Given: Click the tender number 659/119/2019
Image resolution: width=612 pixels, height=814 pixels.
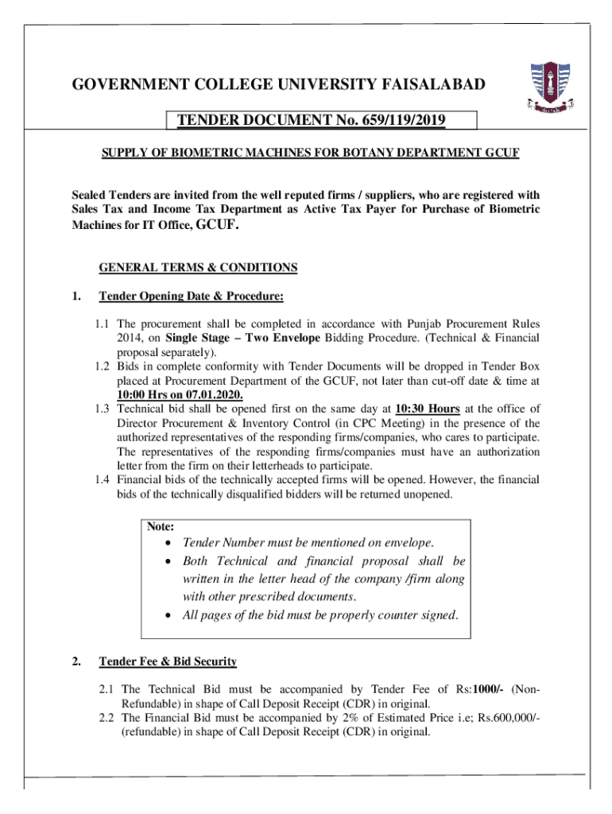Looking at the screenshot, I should click(x=396, y=121).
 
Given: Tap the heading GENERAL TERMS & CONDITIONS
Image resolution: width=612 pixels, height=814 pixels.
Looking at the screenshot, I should click(x=198, y=268).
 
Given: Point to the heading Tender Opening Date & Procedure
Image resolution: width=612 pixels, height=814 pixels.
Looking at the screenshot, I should click(x=191, y=297).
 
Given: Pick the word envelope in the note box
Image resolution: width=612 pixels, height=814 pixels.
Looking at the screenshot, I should click(x=405, y=543).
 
